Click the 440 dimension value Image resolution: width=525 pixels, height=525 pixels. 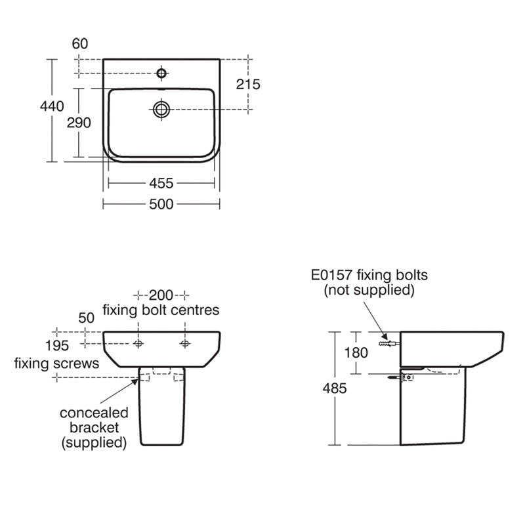tap(51, 106)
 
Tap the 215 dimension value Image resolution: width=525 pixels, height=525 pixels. tap(248, 84)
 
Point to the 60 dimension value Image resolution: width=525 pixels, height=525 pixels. tap(80, 44)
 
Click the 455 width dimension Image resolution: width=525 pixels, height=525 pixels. tap(161, 184)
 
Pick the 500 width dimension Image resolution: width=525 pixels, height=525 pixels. tap(161, 205)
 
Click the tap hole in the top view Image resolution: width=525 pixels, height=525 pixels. tap(161, 70)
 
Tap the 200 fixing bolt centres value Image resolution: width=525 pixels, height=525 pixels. tap(161, 294)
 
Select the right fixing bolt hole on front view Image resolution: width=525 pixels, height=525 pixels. tap(185, 343)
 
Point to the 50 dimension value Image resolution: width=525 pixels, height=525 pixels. tap(87, 318)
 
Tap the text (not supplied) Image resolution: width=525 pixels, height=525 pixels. tap(369, 289)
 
